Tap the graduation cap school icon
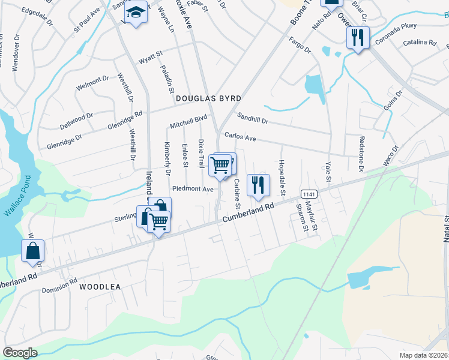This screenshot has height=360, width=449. [136, 13]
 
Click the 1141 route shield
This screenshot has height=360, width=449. [309, 194]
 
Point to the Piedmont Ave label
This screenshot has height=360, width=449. [193, 189]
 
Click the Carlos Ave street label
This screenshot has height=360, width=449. [240, 137]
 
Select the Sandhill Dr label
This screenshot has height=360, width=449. [252, 118]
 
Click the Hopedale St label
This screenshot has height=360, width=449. [282, 178]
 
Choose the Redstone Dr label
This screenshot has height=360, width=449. [361, 154]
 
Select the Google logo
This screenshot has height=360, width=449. [20, 352]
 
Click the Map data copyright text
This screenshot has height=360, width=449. [424, 355]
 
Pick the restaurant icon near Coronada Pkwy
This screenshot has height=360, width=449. [358, 38]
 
